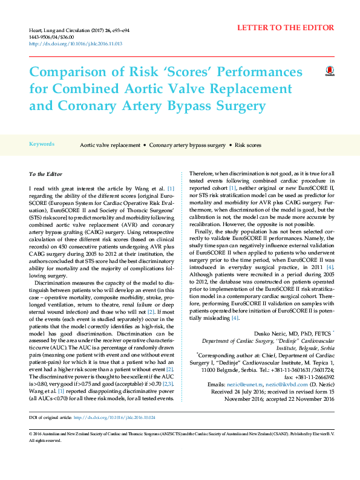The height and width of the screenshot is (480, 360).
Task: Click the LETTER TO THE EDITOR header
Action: coord(285,28)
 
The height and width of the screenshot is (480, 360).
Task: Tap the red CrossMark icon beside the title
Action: coord(330,72)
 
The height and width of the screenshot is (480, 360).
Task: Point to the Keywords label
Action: coord(42,144)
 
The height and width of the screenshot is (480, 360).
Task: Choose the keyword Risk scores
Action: coord(248,146)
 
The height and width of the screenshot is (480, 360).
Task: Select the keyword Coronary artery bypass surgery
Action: coord(187,146)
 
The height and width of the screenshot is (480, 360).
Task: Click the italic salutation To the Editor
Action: coord(46,174)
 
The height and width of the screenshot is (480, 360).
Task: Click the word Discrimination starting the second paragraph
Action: coord(53,283)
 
